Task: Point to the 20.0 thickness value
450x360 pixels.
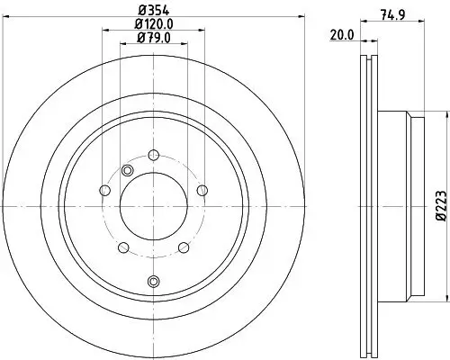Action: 341,36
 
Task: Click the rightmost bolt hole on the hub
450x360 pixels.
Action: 202,189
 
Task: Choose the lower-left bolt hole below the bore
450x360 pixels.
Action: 122,247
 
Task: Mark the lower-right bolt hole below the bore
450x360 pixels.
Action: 184,247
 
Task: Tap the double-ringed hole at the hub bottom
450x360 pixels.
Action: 153,282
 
